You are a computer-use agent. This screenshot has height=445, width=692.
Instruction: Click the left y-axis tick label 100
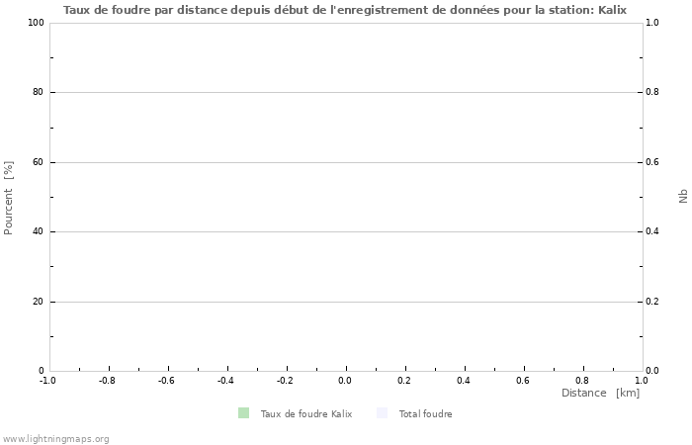[x=37, y=23]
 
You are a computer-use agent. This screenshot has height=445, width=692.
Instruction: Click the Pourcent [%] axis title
[x=9, y=198]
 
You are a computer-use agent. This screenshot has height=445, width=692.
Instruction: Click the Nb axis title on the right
[x=682, y=197]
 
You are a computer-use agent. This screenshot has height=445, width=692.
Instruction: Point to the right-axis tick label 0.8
[x=652, y=92]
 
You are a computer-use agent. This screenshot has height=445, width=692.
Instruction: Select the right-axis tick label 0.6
[x=652, y=162]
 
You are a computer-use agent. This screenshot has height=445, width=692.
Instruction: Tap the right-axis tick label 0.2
[x=652, y=302]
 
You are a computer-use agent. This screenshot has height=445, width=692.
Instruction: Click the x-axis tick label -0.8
[x=107, y=380]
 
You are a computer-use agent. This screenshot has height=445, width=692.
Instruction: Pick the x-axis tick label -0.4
[x=225, y=380]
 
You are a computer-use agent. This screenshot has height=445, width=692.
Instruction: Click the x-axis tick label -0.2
[x=285, y=380]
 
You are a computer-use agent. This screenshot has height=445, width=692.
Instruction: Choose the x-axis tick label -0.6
[x=166, y=380]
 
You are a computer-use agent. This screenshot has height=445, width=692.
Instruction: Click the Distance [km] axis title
[x=600, y=394]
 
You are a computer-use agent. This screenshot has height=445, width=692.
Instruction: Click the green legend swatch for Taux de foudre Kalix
[x=243, y=413]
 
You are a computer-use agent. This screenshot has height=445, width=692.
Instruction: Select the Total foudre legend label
[x=425, y=414]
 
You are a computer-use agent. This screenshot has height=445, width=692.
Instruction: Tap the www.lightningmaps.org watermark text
[x=55, y=439]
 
